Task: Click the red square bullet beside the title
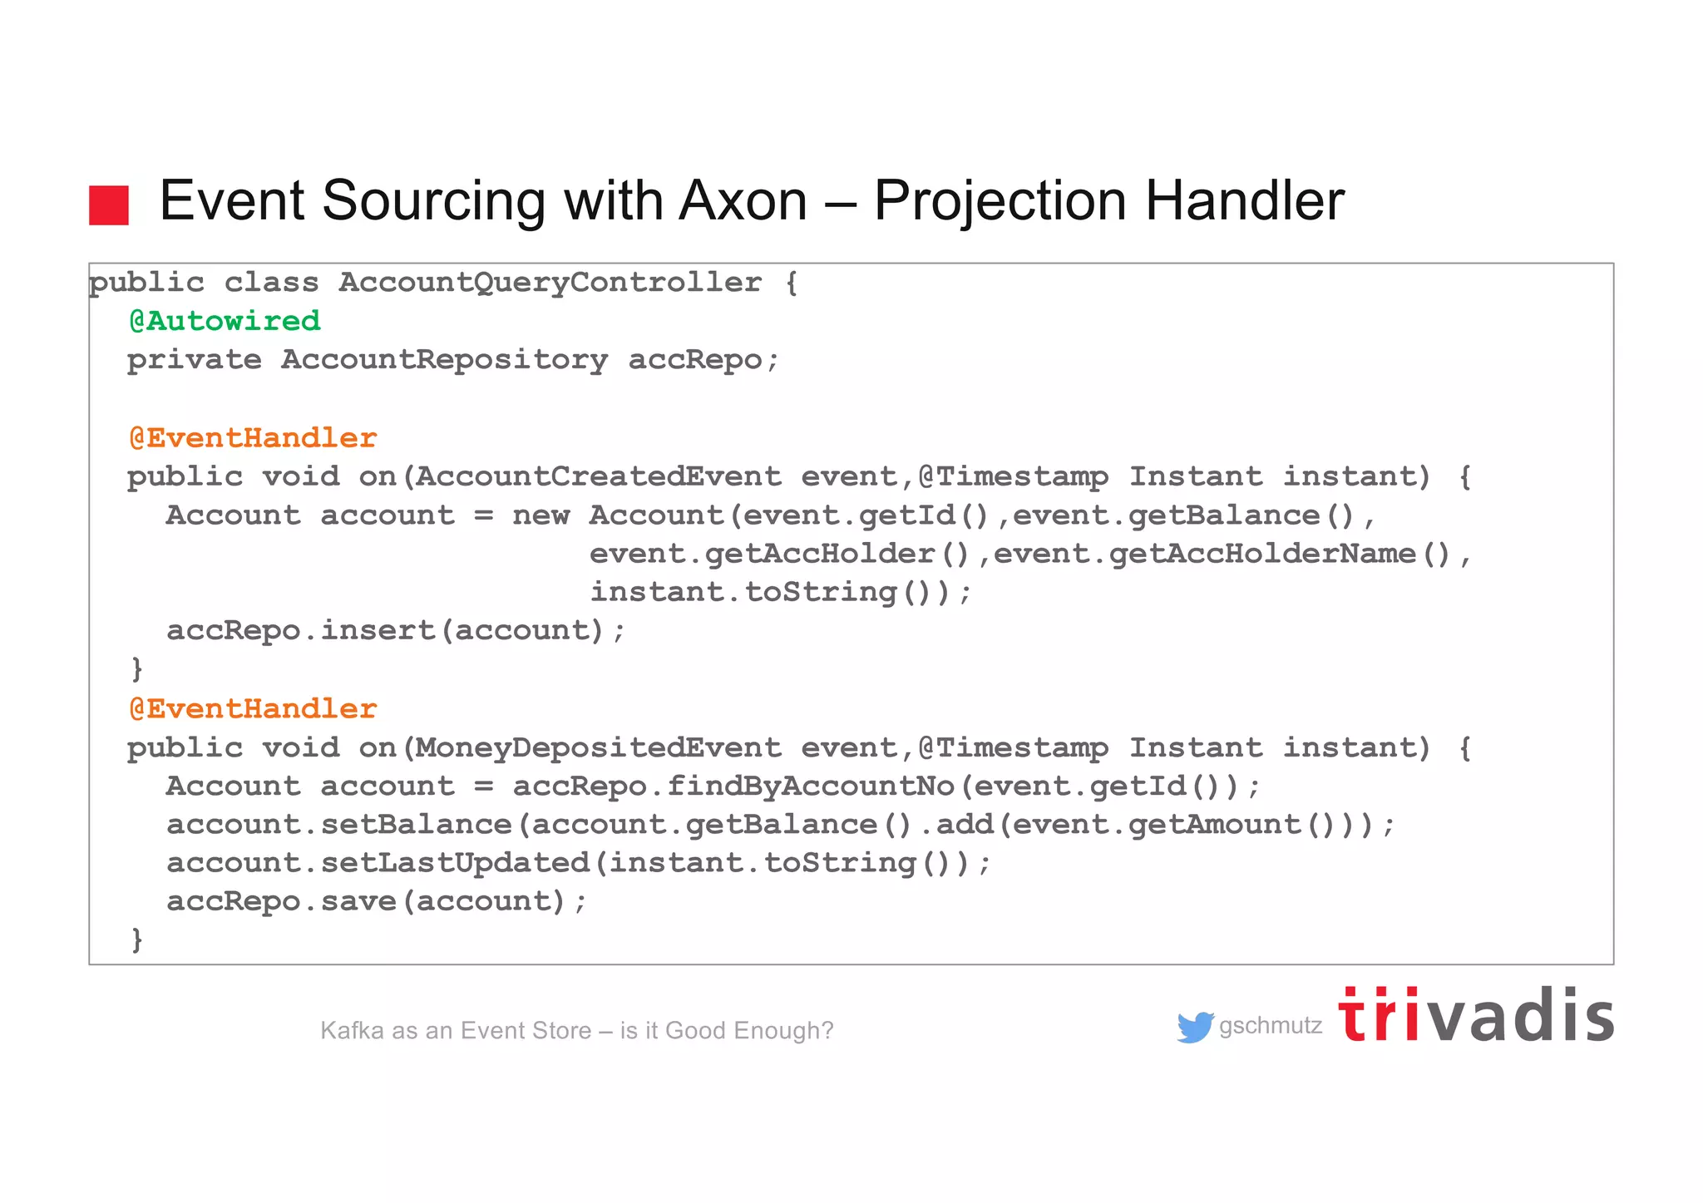pyautogui.click(x=109, y=205)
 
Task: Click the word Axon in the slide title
pyautogui.click(x=743, y=201)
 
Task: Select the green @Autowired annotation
pyautogui.click(x=225, y=321)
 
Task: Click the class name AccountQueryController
pyautogui.click(x=550, y=283)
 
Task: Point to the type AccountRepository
pyautogui.click(x=444, y=360)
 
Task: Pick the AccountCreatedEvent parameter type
pyautogui.click(x=599, y=476)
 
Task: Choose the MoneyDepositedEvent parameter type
pyautogui.click(x=599, y=747)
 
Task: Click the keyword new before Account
pyautogui.click(x=541, y=515)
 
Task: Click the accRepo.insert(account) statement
pyautogui.click(x=395, y=630)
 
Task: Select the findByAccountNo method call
pyautogui.click(x=811, y=786)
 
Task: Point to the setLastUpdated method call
pyautogui.click(x=455, y=862)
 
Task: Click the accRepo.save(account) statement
pyautogui.click(x=376, y=901)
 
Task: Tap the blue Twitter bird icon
pyautogui.click(x=1195, y=1027)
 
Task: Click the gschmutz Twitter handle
pyautogui.click(x=1271, y=1026)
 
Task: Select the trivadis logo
pyautogui.click(x=1476, y=1016)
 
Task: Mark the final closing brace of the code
pyautogui.click(x=137, y=939)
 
